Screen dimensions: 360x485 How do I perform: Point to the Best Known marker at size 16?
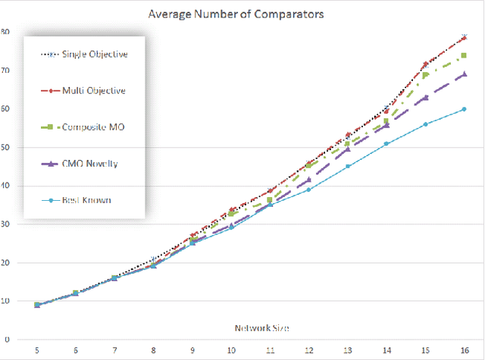point(464,109)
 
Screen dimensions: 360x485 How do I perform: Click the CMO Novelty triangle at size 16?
point(464,74)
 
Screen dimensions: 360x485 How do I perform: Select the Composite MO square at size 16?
point(464,55)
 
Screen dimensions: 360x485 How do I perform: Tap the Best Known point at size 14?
point(386,143)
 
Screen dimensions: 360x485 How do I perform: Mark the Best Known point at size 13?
point(348,166)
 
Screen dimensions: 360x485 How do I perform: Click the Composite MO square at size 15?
point(425,75)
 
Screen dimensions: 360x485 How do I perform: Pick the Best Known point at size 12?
point(308,189)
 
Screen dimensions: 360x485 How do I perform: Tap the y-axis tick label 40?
point(5,186)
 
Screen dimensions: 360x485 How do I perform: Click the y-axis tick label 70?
point(5,70)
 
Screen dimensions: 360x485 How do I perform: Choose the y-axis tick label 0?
point(7,340)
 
